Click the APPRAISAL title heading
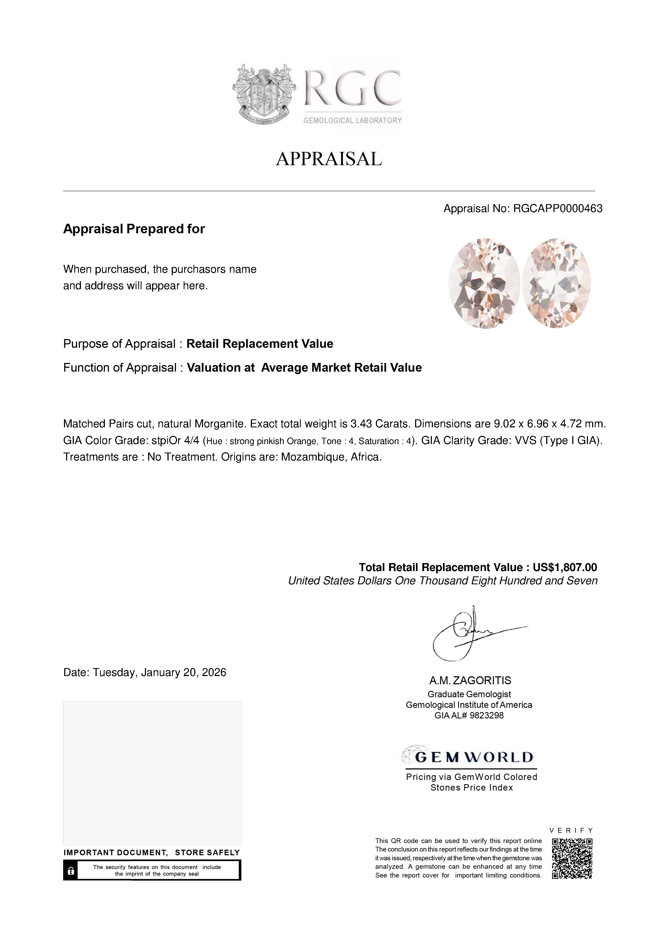coord(329,159)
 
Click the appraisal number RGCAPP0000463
coord(557,209)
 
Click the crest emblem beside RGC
coord(264,94)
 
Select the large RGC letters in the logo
coord(352,88)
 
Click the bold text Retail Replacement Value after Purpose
coord(260,344)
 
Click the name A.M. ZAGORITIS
coord(470,681)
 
